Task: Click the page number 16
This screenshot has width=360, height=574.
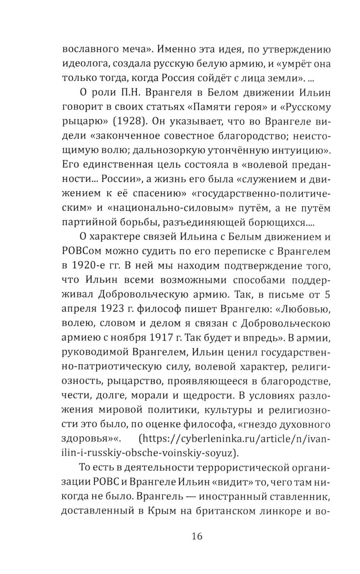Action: [x=197, y=536]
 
